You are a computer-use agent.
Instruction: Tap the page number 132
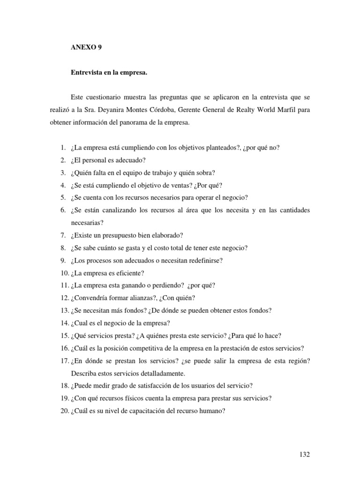[x=304, y=454]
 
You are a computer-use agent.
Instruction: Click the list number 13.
[x=64, y=310]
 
